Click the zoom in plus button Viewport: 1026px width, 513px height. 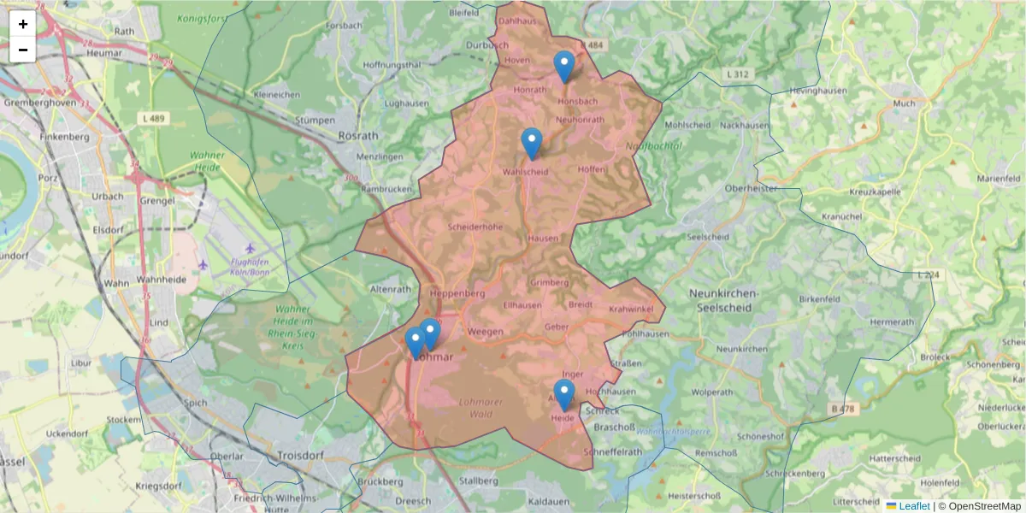click(x=23, y=24)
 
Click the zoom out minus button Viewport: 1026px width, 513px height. click(x=23, y=50)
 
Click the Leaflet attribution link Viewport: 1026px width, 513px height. click(x=914, y=506)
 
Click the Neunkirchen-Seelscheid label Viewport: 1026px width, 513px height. click(x=723, y=300)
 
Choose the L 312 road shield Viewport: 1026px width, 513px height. click(x=737, y=75)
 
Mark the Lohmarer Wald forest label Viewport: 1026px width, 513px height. click(x=481, y=408)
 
